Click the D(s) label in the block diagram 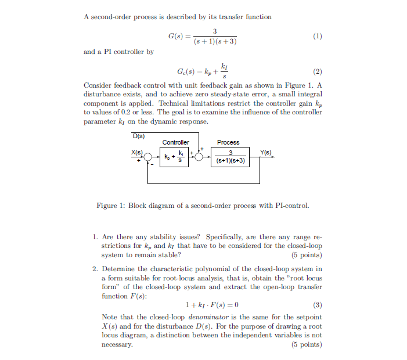(139, 136)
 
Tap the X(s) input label (136, 152)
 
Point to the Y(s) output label (266, 153)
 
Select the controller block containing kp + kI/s (175, 157)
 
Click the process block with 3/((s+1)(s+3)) (230, 157)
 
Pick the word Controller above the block (175, 142)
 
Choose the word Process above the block (228, 142)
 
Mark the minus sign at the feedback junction (153, 164)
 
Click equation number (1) (317, 37)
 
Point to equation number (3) (317, 305)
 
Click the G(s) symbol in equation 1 (175, 37)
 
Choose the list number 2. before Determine (95, 269)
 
